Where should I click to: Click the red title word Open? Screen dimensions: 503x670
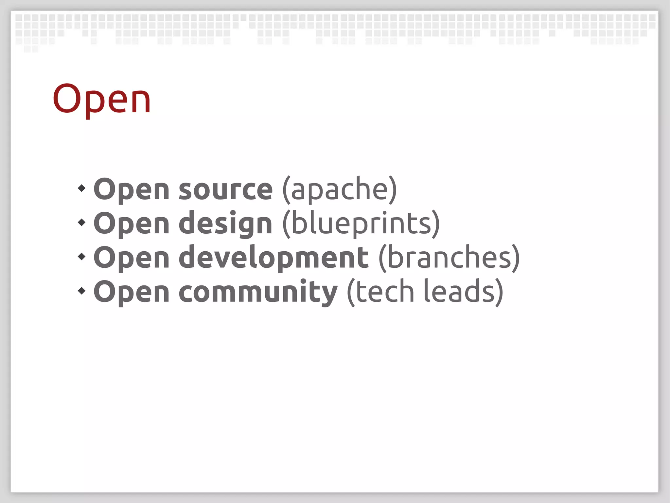(102, 99)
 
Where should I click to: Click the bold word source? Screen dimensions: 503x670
(225, 190)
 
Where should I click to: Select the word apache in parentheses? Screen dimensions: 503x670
(339, 190)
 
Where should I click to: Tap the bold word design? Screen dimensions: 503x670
(225, 224)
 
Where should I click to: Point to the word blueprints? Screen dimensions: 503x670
(361, 224)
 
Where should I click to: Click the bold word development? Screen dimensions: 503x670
(273, 258)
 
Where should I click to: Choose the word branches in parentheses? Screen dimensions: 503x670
(449, 258)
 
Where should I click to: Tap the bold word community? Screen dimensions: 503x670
(258, 292)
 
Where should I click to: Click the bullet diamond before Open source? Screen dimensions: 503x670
(81, 188)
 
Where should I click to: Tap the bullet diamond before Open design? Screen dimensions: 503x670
(81, 222)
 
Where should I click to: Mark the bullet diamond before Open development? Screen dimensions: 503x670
(81, 257)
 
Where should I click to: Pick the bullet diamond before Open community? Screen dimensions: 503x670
(81, 291)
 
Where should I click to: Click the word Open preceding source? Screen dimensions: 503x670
(132, 190)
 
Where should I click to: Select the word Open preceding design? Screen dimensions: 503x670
(132, 224)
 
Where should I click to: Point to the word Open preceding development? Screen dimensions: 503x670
(132, 258)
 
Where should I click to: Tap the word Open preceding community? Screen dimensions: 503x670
(132, 292)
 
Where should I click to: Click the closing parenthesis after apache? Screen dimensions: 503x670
(393, 190)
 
